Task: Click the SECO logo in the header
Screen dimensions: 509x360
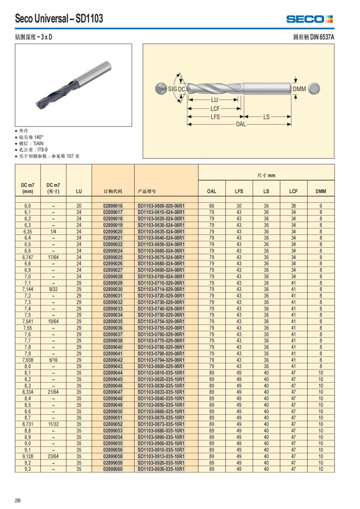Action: pos(309,19)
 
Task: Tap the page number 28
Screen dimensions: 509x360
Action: pos(18,500)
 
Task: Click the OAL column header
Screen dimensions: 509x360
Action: pos(211,191)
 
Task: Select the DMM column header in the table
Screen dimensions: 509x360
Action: pos(321,191)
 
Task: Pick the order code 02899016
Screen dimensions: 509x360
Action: pos(113,206)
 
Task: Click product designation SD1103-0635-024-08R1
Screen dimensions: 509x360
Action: pos(161,232)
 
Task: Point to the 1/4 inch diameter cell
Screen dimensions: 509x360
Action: pos(53,232)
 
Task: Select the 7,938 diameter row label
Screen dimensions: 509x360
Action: pos(28,360)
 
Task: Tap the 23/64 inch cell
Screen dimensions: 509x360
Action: pos(53,456)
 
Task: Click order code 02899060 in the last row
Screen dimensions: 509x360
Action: pos(113,469)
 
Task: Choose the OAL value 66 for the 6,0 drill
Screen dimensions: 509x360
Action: pos(211,206)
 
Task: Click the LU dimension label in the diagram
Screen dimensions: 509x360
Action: pos(214,100)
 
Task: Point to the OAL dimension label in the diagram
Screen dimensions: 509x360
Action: pos(241,124)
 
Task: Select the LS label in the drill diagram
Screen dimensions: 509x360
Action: pos(266,117)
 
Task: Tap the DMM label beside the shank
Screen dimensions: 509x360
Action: pos(299,89)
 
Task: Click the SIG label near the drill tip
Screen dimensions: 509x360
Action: pos(172,89)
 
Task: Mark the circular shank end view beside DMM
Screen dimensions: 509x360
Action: pos(314,88)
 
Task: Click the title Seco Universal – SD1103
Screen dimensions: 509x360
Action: pos(59,19)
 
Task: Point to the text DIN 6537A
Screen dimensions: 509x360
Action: pos(322,37)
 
